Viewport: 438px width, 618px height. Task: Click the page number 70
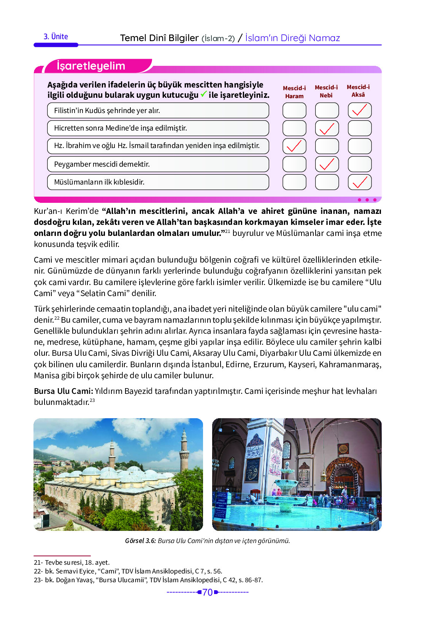point(208,592)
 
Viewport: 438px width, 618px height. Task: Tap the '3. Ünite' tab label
point(56,37)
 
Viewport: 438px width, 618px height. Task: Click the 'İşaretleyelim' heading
point(91,66)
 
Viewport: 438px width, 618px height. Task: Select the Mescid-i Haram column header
point(294,92)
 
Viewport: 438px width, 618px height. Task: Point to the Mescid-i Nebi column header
point(326,91)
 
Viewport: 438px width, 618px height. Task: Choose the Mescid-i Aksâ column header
point(358,91)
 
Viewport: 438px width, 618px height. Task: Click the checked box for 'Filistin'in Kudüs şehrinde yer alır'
point(360,110)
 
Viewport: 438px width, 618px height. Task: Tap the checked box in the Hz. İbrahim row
point(294,146)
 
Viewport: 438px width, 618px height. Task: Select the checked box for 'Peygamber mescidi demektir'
point(327,164)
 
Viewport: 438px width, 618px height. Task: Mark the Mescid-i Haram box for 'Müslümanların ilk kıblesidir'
point(294,182)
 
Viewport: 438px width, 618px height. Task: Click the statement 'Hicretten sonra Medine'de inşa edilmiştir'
point(121,128)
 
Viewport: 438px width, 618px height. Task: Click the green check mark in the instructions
point(204,94)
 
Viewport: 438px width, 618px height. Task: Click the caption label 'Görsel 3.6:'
point(140,541)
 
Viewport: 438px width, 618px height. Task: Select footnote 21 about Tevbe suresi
point(72,562)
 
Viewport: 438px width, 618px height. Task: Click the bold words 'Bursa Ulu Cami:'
point(63,391)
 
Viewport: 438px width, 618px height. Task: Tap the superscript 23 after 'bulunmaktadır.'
point(92,400)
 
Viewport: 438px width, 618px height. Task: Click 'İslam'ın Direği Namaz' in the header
point(292,38)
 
